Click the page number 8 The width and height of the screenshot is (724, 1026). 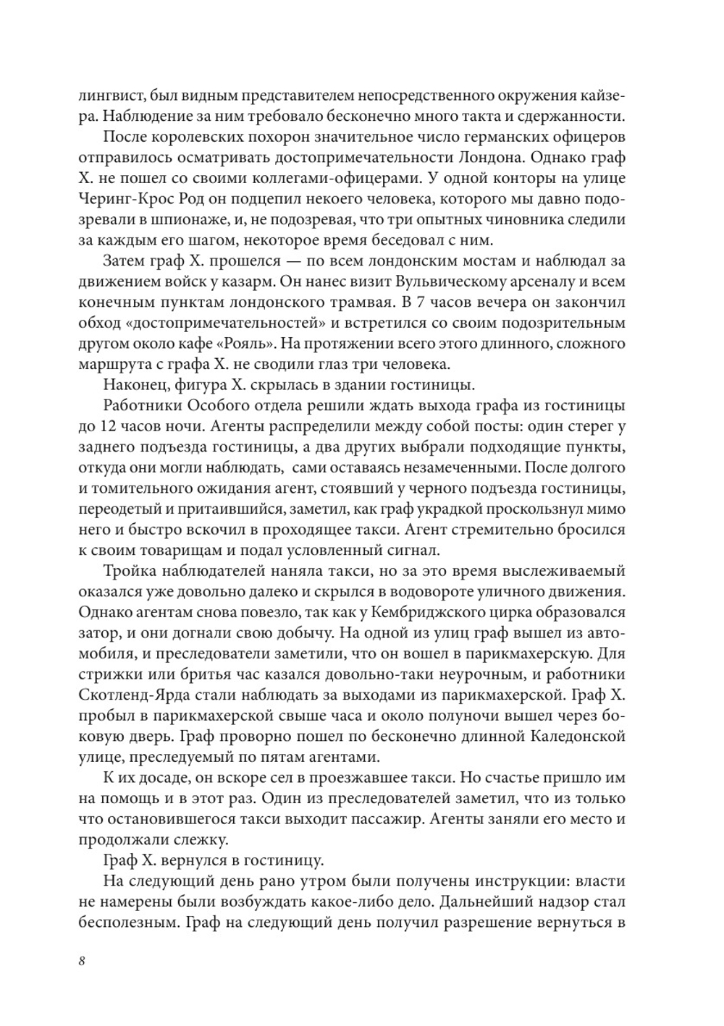pyautogui.click(x=82, y=961)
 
